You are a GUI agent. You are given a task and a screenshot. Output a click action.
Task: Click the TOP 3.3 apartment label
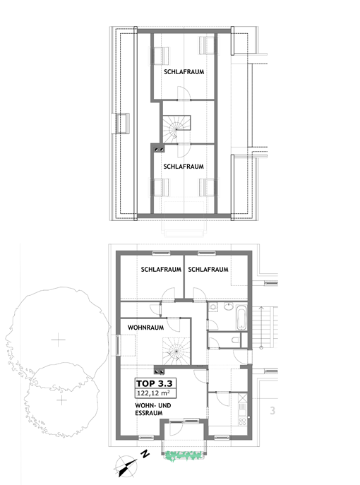click(154, 383)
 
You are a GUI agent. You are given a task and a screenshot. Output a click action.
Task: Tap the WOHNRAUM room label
click(145, 328)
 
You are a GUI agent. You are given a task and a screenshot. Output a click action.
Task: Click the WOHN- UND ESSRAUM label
click(152, 409)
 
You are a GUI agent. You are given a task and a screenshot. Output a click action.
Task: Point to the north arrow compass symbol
click(127, 466)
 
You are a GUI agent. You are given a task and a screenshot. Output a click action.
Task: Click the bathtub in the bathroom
click(241, 317)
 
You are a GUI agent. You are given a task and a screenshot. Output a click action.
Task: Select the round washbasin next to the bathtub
click(229, 307)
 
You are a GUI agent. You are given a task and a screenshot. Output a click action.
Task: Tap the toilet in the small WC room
click(235, 340)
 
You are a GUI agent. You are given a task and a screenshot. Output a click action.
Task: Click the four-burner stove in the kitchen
click(242, 421)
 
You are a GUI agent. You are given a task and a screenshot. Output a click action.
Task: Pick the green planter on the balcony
click(184, 455)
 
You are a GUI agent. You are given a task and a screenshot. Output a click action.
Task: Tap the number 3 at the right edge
click(272, 410)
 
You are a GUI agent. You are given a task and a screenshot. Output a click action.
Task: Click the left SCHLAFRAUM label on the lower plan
click(161, 270)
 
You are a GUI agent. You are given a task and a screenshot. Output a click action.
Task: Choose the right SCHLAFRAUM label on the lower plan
click(208, 270)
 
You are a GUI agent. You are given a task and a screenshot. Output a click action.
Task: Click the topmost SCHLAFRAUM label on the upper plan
click(184, 72)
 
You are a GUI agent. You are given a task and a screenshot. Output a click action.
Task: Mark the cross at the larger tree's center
click(58, 340)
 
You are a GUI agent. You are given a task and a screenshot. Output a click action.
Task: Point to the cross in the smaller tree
click(62, 400)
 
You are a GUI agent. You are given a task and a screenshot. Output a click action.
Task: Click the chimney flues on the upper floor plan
click(160, 150)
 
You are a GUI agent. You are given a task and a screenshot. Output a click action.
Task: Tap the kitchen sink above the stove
click(242, 406)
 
